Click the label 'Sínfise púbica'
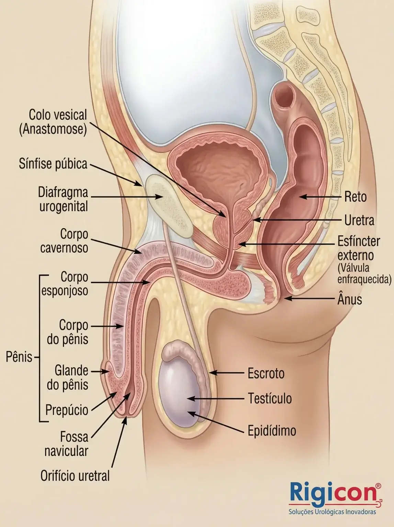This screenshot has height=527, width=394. (53, 164)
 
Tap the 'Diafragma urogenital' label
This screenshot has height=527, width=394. (63, 199)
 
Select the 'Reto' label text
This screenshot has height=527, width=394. (355, 197)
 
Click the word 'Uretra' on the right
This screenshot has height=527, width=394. (359, 220)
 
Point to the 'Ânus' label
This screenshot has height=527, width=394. (350, 300)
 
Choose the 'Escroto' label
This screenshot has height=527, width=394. (266, 373)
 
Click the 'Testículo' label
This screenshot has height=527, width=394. (270, 398)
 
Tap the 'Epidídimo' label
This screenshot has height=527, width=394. (272, 431)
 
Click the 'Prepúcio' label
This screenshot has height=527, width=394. (67, 410)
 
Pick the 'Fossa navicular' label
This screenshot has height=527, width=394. (66, 444)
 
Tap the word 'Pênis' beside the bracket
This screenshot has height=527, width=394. (19, 357)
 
